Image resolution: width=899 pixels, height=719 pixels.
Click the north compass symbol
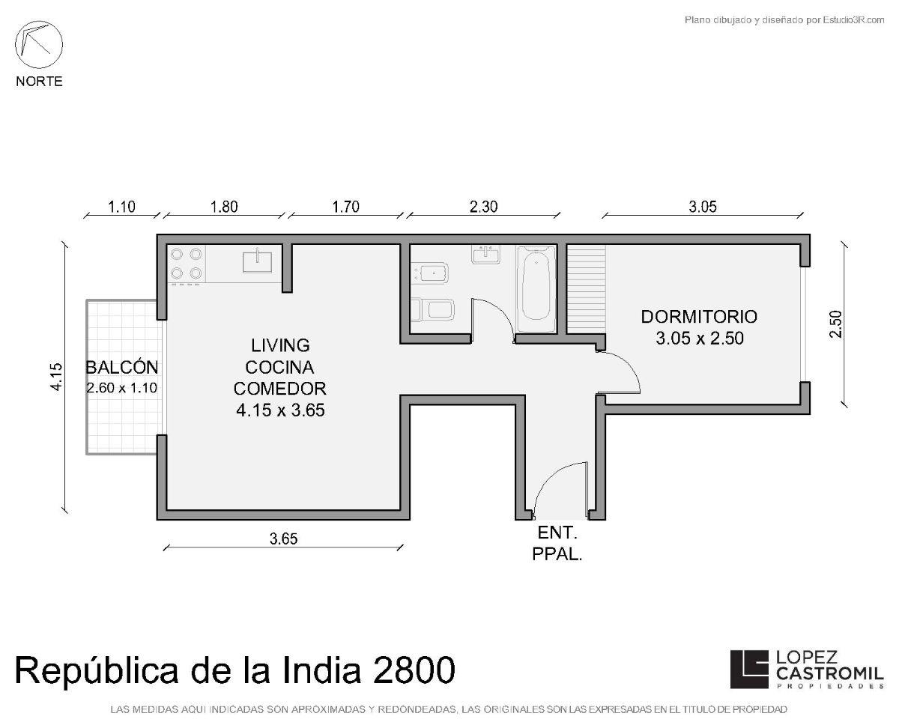coord(39,45)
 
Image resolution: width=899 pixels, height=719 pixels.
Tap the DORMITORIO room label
coord(699,317)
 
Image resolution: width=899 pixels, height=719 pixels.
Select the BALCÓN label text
coord(122,367)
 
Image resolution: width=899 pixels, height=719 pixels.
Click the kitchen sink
coord(257,261)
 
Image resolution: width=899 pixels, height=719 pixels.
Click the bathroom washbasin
coord(485,255)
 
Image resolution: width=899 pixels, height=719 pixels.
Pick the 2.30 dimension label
coord(483,207)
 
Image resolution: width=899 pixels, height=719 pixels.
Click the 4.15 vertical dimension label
coord(56,377)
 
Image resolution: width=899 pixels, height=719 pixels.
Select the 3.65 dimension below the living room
coord(284,539)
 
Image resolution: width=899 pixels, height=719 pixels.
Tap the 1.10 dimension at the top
coord(121,207)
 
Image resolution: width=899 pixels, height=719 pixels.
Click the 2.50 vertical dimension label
coord(836,324)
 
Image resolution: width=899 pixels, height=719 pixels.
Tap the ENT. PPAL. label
coord(557,543)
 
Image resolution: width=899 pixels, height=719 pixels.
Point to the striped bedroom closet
coord(586,289)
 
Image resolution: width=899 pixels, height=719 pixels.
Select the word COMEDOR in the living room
coord(279,389)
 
